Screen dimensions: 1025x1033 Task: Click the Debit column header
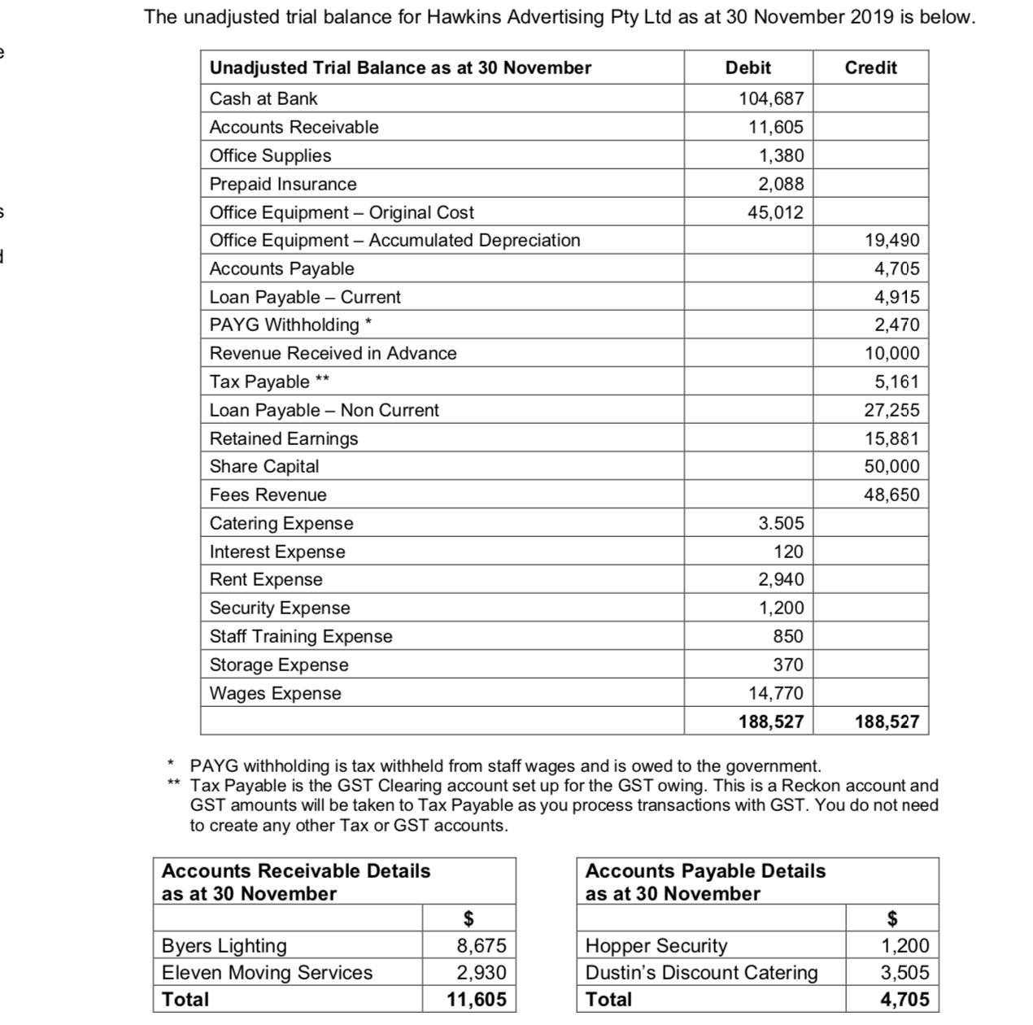point(748,68)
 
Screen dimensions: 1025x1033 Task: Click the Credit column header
point(870,68)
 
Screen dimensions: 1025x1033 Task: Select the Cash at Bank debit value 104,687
point(771,99)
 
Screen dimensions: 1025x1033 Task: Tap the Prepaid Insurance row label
point(283,185)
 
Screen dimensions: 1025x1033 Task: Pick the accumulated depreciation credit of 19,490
point(891,241)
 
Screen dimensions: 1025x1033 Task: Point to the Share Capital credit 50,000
point(891,467)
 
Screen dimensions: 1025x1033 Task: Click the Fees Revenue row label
point(268,495)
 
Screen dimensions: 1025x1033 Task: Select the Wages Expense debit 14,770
point(776,694)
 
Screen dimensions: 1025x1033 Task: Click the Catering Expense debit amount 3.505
point(781,524)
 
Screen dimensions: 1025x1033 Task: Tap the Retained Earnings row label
point(284,439)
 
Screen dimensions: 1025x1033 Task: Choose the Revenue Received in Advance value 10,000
point(891,354)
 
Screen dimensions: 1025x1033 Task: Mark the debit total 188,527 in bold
point(771,722)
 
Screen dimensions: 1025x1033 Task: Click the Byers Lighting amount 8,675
point(482,946)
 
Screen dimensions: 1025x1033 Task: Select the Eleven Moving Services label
point(267,973)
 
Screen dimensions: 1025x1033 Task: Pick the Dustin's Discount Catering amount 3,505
point(904,973)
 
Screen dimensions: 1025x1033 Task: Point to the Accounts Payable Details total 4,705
point(904,1000)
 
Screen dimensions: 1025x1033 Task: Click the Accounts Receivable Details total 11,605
point(477,1000)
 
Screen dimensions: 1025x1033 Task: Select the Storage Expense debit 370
point(788,665)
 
